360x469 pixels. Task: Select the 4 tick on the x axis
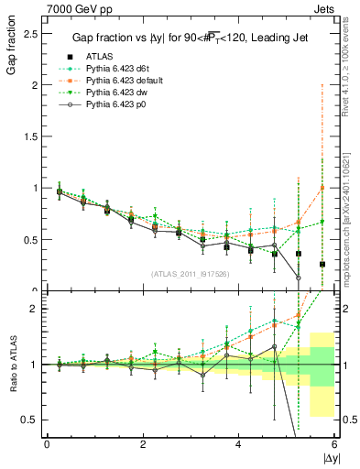pyautogui.click(x=239, y=445)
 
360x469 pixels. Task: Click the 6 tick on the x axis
pyautogui.click(x=334, y=445)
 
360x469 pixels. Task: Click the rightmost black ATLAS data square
pyautogui.click(x=322, y=264)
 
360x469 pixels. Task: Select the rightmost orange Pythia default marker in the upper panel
pyautogui.click(x=322, y=188)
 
